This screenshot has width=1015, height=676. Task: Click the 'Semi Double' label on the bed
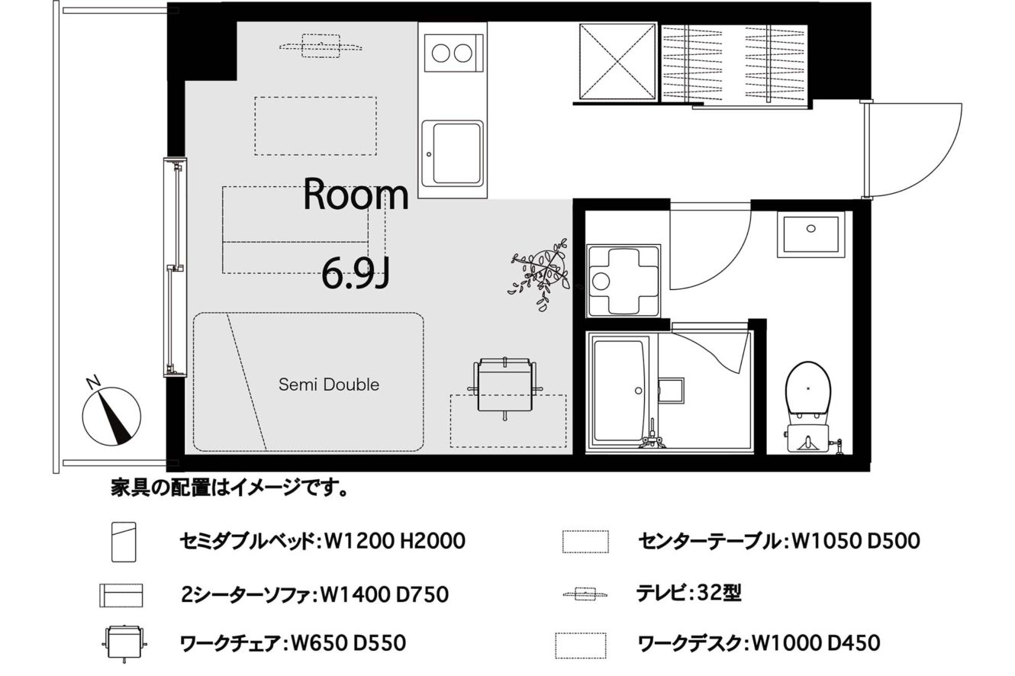coord(329,385)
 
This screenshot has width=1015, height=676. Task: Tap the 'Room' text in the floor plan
coord(356,195)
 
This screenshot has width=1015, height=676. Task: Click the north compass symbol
coord(111,411)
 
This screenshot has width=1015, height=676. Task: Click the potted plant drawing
coord(541,274)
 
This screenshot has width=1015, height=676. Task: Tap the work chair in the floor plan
coord(504,387)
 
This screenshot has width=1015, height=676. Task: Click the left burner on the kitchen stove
coord(440,53)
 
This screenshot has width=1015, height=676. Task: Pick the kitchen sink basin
coord(453,154)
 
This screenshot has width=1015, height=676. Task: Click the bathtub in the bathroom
coord(619,391)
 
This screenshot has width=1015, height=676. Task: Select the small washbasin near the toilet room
coord(811,233)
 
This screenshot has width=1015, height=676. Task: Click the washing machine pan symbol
coord(623,281)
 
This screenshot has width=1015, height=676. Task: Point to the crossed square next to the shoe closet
coord(617,61)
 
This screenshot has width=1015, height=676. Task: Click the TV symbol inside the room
coord(321,47)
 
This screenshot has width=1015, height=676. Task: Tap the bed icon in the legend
coord(124,542)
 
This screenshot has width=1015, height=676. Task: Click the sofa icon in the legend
coord(121,595)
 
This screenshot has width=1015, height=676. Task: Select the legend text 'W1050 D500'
coord(855,541)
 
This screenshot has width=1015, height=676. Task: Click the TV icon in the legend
coord(585,594)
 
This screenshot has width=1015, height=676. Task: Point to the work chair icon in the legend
coord(124,643)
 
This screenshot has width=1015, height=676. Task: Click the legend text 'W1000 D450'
coord(816,643)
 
